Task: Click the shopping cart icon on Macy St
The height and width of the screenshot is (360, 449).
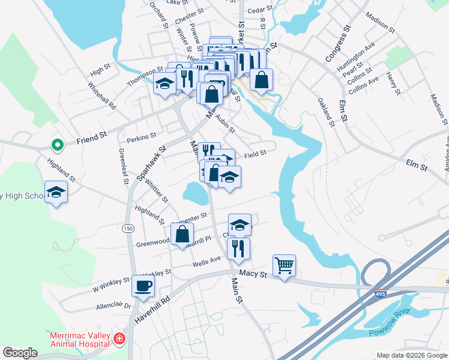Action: (x=284, y=265)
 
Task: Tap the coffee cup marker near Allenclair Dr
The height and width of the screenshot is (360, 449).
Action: (x=143, y=286)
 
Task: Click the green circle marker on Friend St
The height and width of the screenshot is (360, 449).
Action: (x=57, y=145)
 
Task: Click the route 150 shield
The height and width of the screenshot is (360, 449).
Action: (x=127, y=229)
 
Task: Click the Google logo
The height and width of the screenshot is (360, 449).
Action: (x=20, y=353)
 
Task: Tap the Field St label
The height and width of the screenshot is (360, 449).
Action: (x=255, y=154)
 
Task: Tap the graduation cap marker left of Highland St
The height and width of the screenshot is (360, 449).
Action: (x=56, y=192)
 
